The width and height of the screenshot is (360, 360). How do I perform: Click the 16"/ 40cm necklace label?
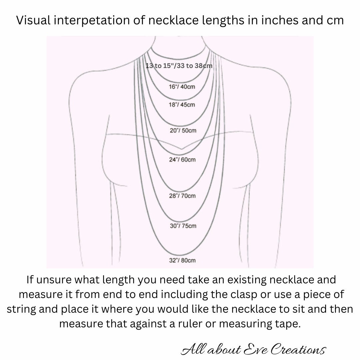[182, 87]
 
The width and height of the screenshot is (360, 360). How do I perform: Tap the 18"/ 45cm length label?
[182, 105]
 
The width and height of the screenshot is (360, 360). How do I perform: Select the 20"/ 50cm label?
[183, 130]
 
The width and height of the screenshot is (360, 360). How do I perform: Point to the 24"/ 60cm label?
[182, 160]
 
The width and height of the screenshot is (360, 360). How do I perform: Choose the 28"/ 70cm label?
[182, 196]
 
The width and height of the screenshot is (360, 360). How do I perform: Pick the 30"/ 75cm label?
[183, 226]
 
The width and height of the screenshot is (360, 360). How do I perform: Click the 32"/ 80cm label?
[182, 260]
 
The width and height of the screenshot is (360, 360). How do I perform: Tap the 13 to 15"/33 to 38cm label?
[179, 66]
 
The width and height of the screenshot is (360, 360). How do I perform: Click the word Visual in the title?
[34, 20]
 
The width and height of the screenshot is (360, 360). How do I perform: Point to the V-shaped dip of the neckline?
[181, 149]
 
